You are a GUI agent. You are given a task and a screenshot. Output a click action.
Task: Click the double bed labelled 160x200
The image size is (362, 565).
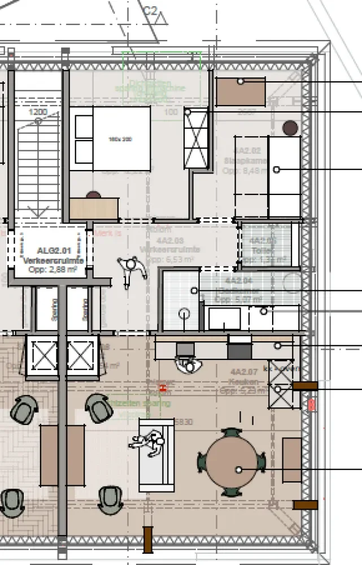click(113, 138)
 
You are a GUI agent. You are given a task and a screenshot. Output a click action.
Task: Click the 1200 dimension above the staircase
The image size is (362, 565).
click(38, 112)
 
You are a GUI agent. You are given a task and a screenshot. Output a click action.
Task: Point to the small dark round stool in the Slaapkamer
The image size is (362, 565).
click(290, 128)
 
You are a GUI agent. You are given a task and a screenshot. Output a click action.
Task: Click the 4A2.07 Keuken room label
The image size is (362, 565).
click(244, 380)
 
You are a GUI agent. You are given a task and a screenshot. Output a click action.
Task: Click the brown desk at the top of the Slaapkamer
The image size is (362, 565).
click(241, 92)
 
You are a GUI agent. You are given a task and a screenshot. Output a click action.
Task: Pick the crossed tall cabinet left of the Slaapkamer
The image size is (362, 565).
click(196, 139)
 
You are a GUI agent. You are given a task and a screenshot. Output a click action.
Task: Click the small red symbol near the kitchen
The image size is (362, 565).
click(163, 388)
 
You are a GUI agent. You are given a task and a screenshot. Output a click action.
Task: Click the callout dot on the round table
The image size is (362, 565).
click(239, 470)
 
